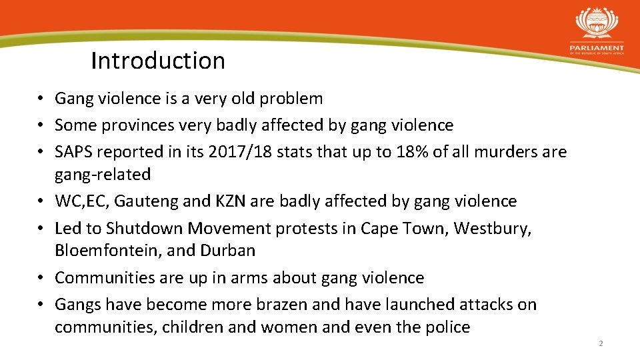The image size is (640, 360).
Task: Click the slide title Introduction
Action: click(x=158, y=61)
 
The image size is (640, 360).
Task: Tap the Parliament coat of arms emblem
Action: click(x=597, y=24)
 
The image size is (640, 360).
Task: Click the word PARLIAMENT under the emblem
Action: click(x=597, y=48)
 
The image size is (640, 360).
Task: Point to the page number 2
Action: click(x=601, y=343)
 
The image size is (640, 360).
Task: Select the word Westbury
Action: click(x=492, y=229)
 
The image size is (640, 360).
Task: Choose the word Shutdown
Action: click(x=145, y=229)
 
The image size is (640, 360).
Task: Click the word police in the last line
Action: click(x=447, y=327)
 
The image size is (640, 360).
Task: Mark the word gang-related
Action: click(x=103, y=175)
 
